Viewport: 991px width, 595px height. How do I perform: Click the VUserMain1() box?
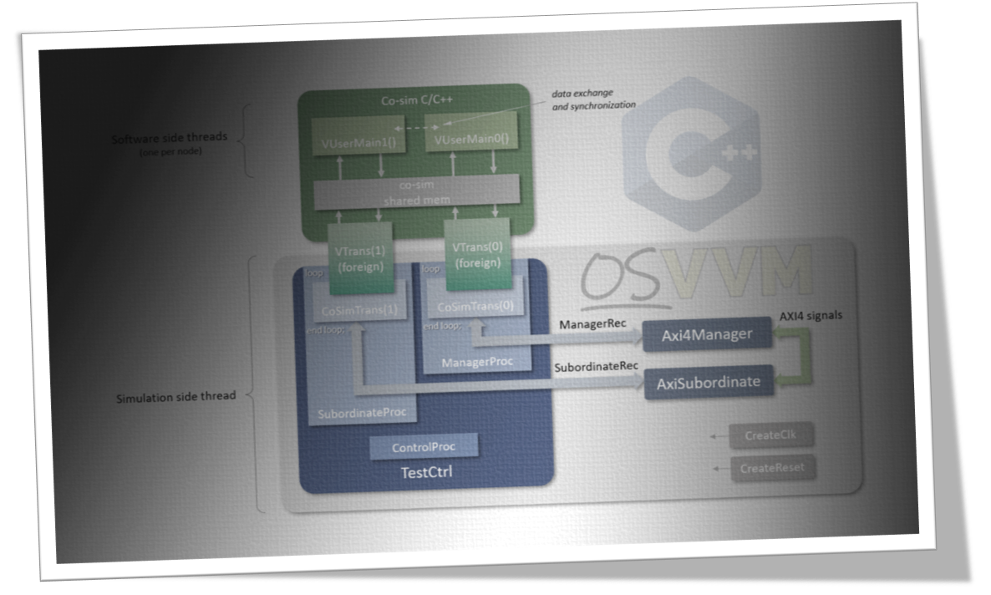point(345,143)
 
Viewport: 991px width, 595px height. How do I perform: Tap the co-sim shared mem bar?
point(416,193)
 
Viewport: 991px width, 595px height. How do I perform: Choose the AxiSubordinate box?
point(709,382)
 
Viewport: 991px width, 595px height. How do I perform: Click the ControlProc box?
point(424,447)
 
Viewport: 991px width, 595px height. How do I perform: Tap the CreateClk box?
point(770,435)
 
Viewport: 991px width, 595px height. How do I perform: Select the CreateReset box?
point(772,468)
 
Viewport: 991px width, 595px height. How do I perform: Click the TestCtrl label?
point(424,473)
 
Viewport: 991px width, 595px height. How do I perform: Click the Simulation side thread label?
point(175,396)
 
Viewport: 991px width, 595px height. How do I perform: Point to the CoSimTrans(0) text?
point(475,307)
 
